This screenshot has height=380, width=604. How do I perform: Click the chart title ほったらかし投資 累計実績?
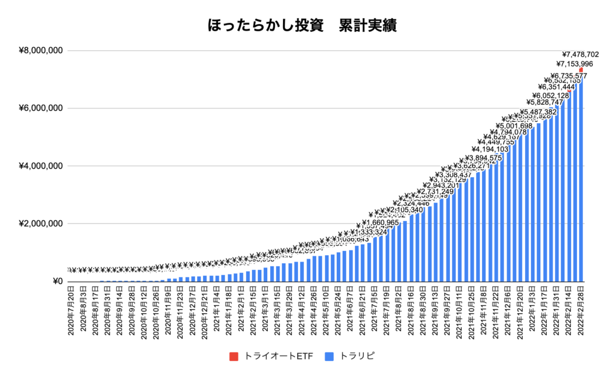click(301, 26)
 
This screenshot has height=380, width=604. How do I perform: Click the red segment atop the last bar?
click(581, 70)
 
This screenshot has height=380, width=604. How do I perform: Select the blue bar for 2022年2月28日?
click(581, 177)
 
